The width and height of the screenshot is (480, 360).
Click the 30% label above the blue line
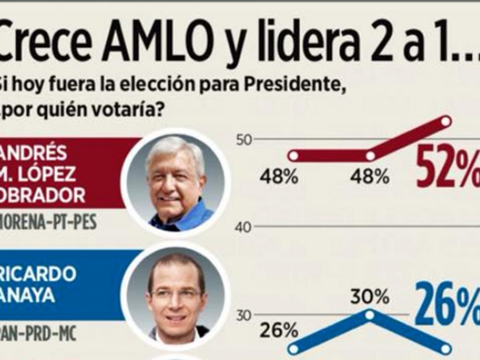[x=369, y=296]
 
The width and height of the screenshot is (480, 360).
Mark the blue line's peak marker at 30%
[x=369, y=315]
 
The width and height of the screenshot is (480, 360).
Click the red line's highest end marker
[x=446, y=122]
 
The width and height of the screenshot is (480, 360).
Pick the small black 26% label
[x=279, y=331]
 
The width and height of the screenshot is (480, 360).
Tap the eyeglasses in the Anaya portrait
[x=176, y=294]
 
